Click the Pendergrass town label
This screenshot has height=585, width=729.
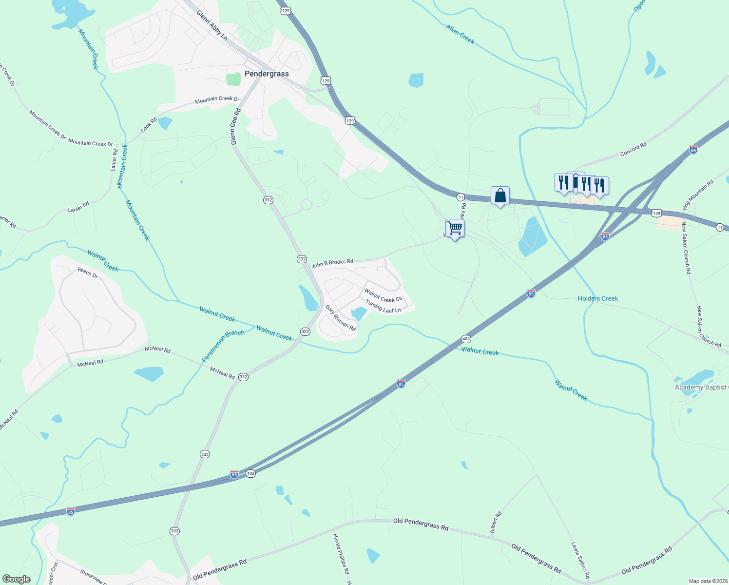(x=267, y=74)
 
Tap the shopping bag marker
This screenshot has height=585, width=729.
(x=500, y=196)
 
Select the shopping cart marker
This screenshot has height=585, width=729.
(x=455, y=228)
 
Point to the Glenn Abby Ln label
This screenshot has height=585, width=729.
(x=212, y=26)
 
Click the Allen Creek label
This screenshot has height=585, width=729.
(x=460, y=34)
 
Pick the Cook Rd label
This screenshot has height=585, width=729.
(x=149, y=125)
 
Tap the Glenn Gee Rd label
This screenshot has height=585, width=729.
(x=236, y=126)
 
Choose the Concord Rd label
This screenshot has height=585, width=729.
(x=633, y=149)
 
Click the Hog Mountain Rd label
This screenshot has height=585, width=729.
(x=698, y=195)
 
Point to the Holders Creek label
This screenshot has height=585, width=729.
(x=597, y=298)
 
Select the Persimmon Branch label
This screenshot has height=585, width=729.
(x=223, y=346)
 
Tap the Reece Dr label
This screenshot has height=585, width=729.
(x=88, y=273)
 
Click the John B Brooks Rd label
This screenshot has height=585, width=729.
(x=332, y=264)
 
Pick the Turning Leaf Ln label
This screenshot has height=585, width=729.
(x=383, y=307)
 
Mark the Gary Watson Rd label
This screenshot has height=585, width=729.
(x=341, y=318)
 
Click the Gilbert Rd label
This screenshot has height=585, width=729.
(x=496, y=522)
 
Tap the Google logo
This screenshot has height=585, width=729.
(x=17, y=579)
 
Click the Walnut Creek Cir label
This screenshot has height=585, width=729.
(x=384, y=296)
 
